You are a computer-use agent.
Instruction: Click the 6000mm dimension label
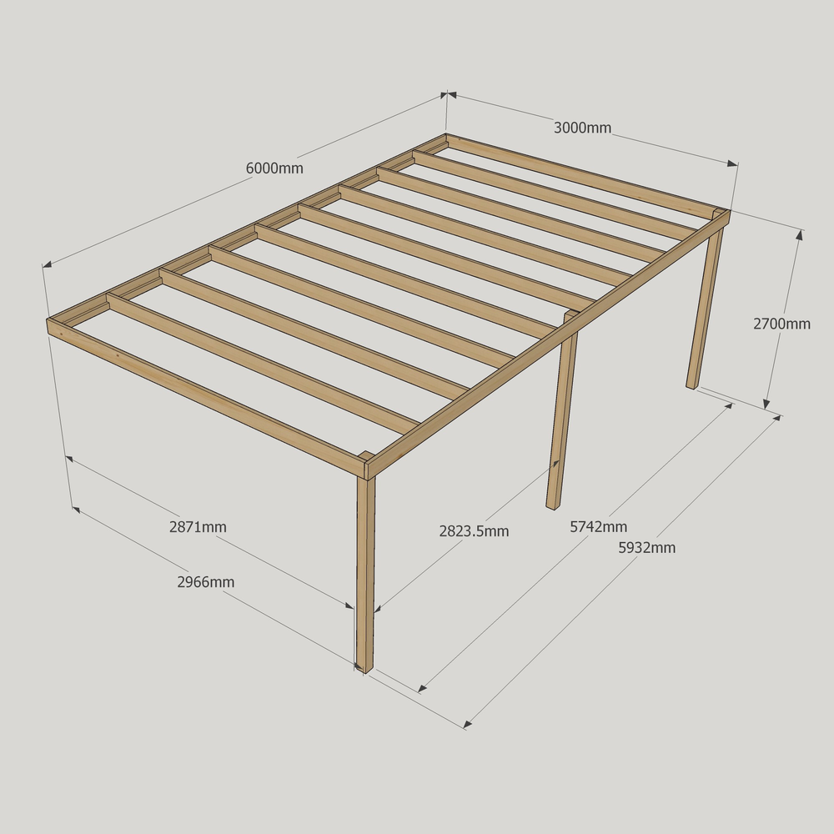click(274, 168)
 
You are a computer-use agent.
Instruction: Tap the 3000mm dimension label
click(582, 128)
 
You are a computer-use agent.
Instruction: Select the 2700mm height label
click(781, 324)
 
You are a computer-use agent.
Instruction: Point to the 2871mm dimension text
click(198, 527)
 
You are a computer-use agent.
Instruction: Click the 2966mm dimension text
click(206, 582)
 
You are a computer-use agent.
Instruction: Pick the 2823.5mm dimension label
click(474, 531)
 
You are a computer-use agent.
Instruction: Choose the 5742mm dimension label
click(598, 527)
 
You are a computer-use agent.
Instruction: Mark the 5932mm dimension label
click(647, 548)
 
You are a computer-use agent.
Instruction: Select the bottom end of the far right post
click(691, 386)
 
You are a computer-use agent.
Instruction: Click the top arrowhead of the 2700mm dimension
click(799, 234)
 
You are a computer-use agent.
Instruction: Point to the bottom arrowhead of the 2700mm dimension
click(766, 404)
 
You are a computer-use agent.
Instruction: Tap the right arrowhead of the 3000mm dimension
click(733, 163)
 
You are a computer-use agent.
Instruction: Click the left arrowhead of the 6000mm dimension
click(47, 264)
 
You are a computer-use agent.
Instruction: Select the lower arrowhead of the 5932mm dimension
click(468, 724)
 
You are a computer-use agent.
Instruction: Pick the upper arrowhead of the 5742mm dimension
click(728, 407)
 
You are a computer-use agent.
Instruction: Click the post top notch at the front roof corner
click(366, 456)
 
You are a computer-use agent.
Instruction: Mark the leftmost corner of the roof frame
click(48, 321)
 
